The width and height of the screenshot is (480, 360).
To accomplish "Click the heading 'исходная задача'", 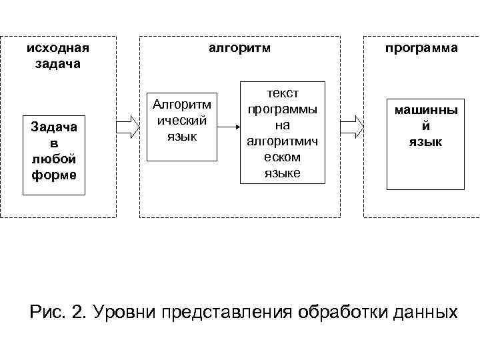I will [x=57, y=56].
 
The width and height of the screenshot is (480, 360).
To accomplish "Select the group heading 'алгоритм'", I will [x=239, y=48].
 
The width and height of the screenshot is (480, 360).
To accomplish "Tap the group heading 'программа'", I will [x=421, y=48].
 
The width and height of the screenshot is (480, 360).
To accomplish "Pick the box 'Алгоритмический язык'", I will [x=182, y=127].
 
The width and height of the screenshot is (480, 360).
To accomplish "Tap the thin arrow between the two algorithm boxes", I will [x=229, y=126].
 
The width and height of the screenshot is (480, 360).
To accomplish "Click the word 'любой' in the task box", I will [x=54, y=159].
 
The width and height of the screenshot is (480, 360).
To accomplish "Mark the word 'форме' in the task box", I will [x=54, y=175].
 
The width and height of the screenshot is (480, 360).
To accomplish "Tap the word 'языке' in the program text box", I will [x=283, y=173].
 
